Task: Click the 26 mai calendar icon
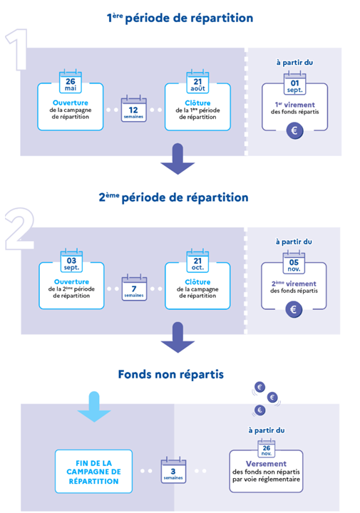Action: tap(71, 81)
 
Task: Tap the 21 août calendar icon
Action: tap(197, 81)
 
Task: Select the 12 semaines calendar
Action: tap(133, 109)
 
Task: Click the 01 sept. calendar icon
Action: tap(295, 83)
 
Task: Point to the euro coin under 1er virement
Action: tap(294, 131)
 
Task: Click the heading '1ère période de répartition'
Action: tap(180, 18)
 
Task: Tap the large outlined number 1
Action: tap(16, 49)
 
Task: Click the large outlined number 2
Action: tap(20, 229)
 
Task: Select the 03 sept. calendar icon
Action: tap(71, 261)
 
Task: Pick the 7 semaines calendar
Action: tap(134, 288)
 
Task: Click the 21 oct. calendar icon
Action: tap(197, 261)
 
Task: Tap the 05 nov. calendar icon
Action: tap(294, 262)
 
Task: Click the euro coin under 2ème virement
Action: tap(294, 309)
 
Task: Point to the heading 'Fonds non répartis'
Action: tap(171, 374)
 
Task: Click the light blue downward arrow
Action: tap(94, 407)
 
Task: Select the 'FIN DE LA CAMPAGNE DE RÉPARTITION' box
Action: tap(93, 472)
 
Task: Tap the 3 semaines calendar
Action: tap(173, 470)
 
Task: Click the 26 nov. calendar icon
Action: tap(267, 449)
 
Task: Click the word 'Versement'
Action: tap(266, 464)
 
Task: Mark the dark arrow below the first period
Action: tap(178, 159)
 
